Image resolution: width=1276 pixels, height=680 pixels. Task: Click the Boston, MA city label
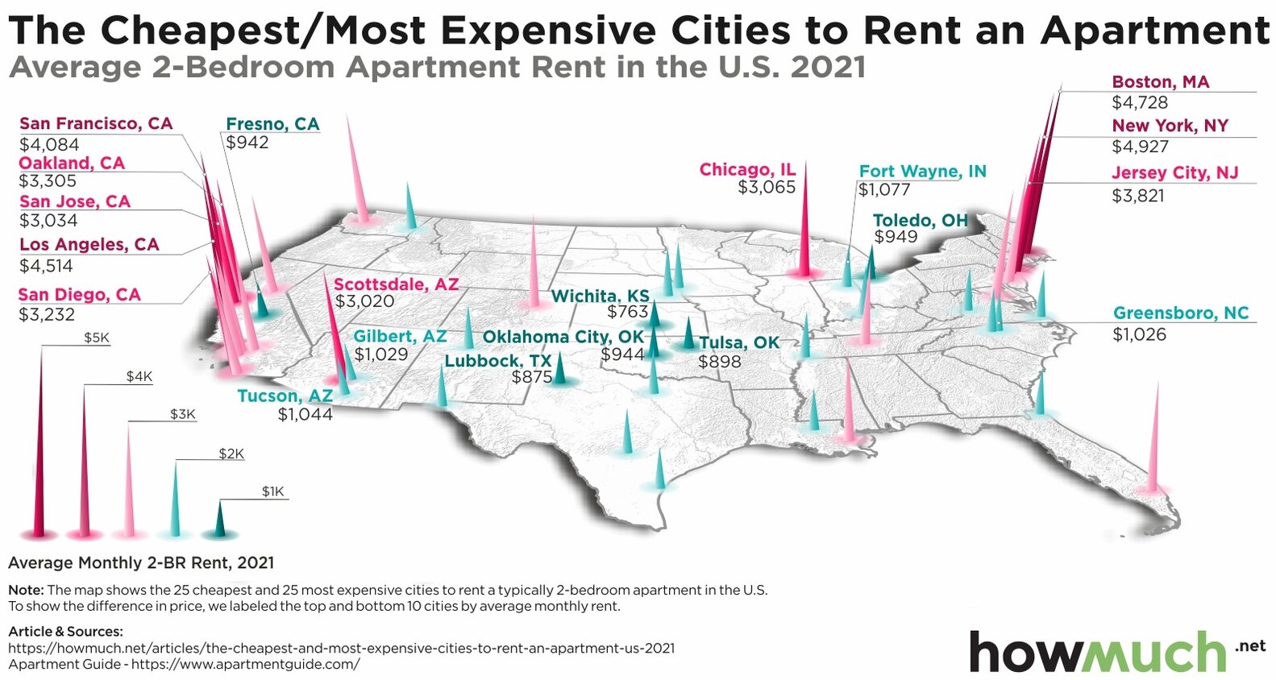(1160, 82)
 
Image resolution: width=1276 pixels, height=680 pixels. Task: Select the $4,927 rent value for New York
(1140, 147)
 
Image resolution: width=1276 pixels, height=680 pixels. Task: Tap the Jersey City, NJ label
(1174, 172)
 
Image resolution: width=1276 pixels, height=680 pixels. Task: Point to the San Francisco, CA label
(96, 123)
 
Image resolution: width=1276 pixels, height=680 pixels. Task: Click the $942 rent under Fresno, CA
(247, 143)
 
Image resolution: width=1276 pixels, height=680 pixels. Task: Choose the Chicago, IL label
(747, 169)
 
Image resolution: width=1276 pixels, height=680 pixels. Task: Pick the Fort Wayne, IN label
(922, 171)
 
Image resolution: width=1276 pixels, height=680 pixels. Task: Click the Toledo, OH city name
(920, 220)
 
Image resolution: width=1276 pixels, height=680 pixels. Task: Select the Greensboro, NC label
(1180, 313)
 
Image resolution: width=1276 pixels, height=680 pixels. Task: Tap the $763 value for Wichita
(627, 312)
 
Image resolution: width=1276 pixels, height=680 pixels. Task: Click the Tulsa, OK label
(739, 342)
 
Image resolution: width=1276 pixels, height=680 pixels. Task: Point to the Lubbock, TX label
(497, 361)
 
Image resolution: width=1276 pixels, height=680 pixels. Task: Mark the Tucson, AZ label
(285, 396)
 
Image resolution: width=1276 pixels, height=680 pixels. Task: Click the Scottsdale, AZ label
(396, 284)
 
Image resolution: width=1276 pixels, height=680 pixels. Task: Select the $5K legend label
(97, 338)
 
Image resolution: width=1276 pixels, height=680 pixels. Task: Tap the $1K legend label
(272, 491)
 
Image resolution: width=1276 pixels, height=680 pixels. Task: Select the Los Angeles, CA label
(89, 244)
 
